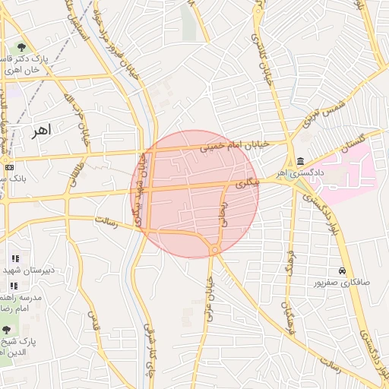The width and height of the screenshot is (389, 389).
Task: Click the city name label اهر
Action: tap(41, 130)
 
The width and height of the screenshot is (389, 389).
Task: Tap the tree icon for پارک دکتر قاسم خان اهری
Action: tap(21, 47)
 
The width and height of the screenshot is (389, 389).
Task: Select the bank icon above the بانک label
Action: tap(8, 167)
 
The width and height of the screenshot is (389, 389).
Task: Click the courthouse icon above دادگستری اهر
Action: tap(302, 161)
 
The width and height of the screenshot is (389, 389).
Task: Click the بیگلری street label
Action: tap(247, 183)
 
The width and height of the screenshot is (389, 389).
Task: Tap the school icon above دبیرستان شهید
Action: tap(14, 258)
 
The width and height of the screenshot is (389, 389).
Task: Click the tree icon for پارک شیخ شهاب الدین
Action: tap(7, 329)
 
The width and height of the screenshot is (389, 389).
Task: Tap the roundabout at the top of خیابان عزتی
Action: tap(216, 249)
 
